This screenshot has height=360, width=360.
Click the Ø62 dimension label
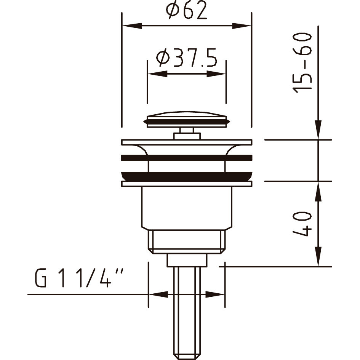point(186,11)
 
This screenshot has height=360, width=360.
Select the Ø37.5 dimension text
point(186,58)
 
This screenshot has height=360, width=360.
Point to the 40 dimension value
point(302,224)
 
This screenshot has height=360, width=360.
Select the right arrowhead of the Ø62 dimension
point(242,26)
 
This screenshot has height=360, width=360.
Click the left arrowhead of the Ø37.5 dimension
point(158,74)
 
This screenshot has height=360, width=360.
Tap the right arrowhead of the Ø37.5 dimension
point(216,74)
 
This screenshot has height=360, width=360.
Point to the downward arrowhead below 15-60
point(318,130)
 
